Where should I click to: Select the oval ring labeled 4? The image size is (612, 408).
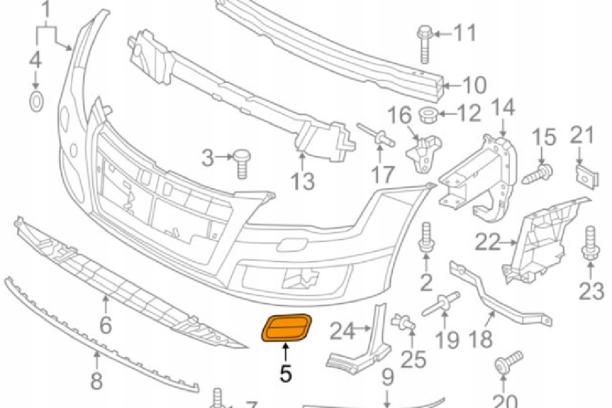36,101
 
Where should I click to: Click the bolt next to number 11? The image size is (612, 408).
424,44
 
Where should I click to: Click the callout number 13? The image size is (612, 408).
303,181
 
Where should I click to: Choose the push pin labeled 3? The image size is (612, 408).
241,161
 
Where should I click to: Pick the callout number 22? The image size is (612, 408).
487,242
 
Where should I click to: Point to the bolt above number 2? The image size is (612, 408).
425,239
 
